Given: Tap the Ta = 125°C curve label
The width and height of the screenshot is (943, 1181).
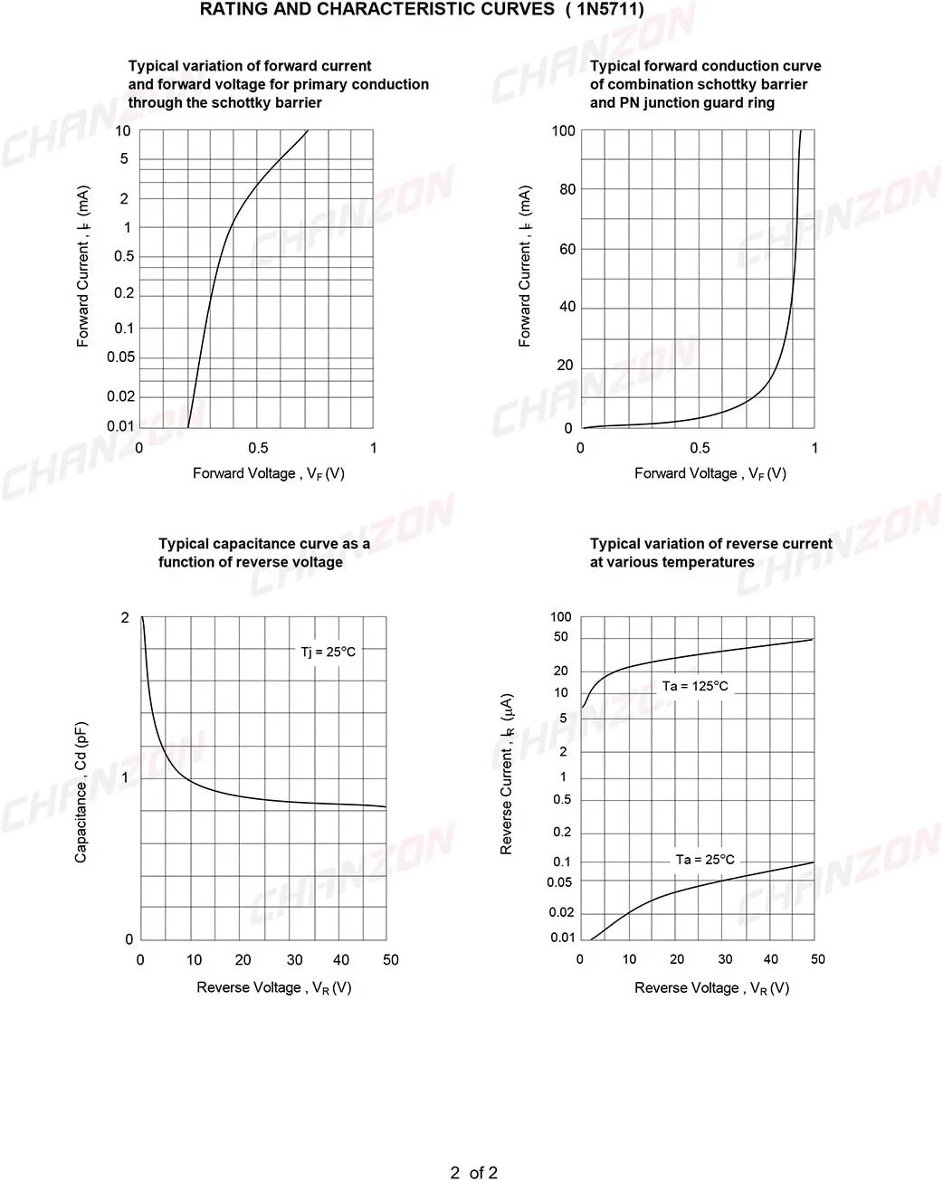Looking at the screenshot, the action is tap(695, 686).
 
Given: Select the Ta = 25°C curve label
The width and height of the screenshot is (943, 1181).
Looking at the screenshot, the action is tap(705, 860).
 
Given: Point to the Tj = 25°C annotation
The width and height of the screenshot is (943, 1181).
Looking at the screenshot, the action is tap(329, 652).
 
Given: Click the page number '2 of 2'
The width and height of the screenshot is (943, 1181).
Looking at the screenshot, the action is tap(473, 1173).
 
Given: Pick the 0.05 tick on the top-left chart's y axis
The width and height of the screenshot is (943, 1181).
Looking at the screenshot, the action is tap(120, 357).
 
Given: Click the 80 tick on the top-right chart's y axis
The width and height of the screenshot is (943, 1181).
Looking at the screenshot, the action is tap(567, 189).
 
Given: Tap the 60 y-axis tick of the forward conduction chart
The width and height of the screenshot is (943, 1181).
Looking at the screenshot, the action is tap(567, 249).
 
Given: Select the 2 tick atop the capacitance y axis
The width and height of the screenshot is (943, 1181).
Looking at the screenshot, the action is tap(125, 618).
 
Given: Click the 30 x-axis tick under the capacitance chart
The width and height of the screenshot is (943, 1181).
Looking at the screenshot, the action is tap(295, 960).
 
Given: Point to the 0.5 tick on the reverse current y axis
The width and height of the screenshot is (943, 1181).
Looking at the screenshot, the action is tap(562, 800).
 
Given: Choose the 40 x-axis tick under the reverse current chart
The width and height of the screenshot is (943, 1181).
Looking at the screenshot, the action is tap(771, 959).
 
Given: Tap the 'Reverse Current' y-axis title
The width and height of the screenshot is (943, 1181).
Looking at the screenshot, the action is tap(506, 774).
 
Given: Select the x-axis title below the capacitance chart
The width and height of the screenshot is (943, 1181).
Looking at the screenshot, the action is tap(274, 988).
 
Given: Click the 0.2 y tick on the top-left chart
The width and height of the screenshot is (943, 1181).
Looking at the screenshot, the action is tap(124, 293).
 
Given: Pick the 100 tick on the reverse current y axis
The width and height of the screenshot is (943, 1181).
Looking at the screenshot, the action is tap(561, 617).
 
